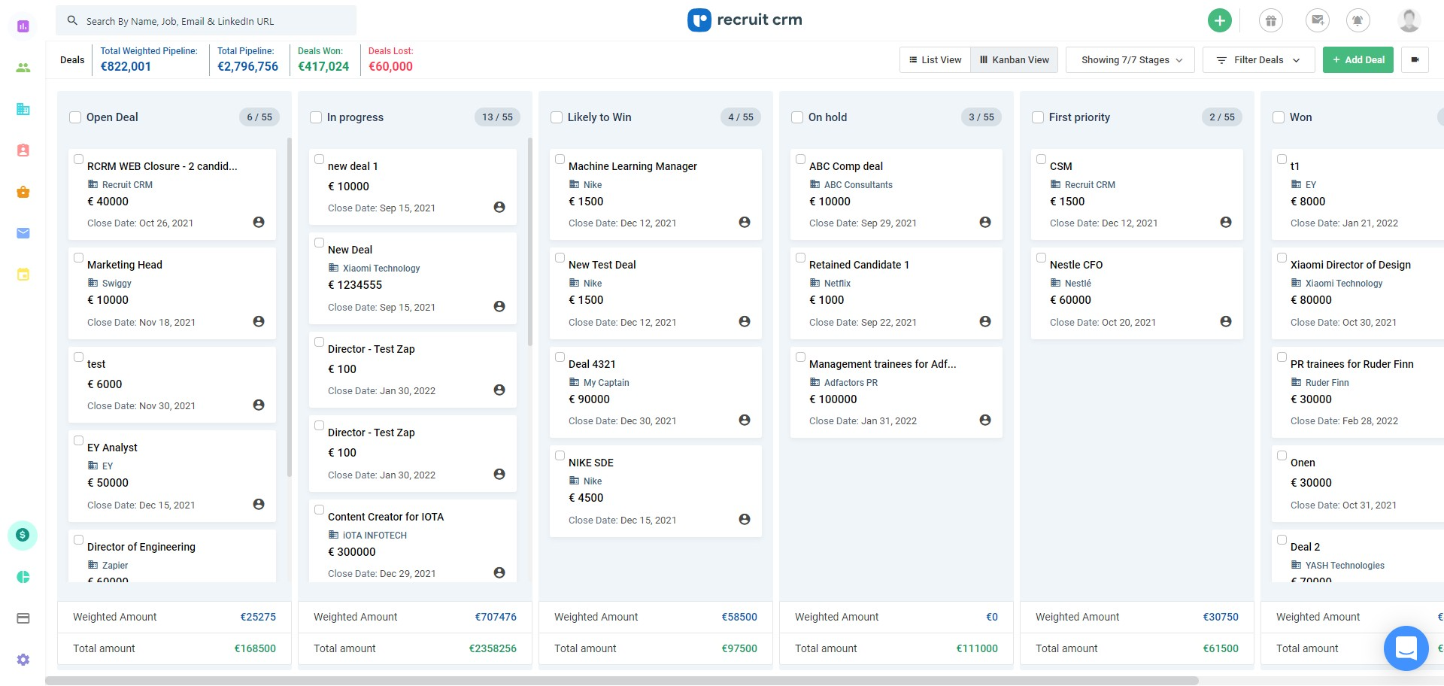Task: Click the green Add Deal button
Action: point(1358,60)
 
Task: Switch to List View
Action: point(935,60)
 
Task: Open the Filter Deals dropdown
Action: point(1258,60)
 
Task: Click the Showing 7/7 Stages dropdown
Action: point(1130,60)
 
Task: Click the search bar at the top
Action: point(206,21)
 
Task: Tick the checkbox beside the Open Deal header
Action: point(75,117)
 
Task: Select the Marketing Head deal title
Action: point(125,265)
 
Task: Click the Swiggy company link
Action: point(117,284)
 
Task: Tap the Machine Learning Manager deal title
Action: point(633,166)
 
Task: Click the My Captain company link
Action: point(605,383)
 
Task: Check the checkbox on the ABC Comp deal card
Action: point(800,159)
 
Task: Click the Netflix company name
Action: point(837,284)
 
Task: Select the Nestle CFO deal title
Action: point(1075,265)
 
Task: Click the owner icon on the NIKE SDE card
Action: point(745,519)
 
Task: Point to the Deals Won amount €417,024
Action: point(323,67)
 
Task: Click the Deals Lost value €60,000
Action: point(390,67)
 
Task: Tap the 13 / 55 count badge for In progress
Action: point(497,117)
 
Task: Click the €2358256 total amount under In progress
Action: point(493,648)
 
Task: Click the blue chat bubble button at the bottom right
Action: point(1406,648)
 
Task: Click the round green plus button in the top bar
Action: point(1219,20)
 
